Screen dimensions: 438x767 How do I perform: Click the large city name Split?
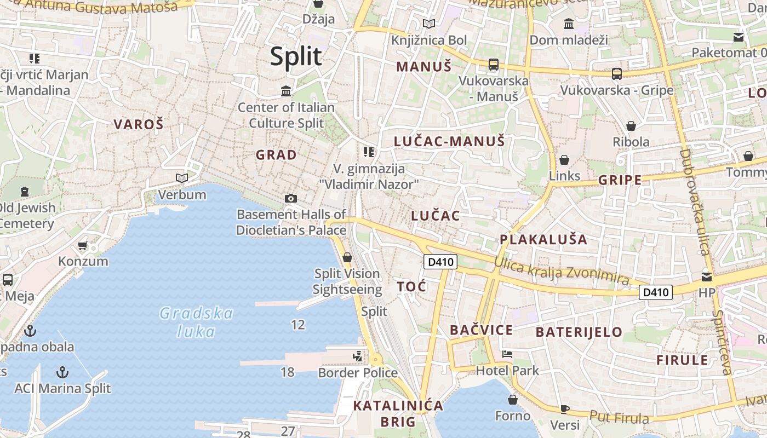295,56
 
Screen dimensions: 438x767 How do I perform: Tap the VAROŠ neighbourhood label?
139,124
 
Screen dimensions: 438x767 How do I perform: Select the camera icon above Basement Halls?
291,198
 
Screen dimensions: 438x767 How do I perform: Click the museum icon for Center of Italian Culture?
286,91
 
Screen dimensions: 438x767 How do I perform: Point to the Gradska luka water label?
196,322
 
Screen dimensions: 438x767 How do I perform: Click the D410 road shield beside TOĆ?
440,262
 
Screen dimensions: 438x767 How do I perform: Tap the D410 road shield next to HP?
655,292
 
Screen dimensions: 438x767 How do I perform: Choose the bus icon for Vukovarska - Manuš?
494,65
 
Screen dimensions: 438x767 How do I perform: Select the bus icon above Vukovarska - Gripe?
617,73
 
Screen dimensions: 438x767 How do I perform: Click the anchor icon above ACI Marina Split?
62,373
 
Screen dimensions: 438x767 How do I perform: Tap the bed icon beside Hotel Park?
507,354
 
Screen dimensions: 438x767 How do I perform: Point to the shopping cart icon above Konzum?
83,245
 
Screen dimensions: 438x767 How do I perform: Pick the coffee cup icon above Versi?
565,409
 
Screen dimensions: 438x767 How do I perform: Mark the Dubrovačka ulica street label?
694,203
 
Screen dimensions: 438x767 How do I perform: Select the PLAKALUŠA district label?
543,239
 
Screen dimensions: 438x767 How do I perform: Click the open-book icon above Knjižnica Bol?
429,24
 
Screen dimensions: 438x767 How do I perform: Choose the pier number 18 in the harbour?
287,372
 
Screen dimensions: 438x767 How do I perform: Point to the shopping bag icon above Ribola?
631,126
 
